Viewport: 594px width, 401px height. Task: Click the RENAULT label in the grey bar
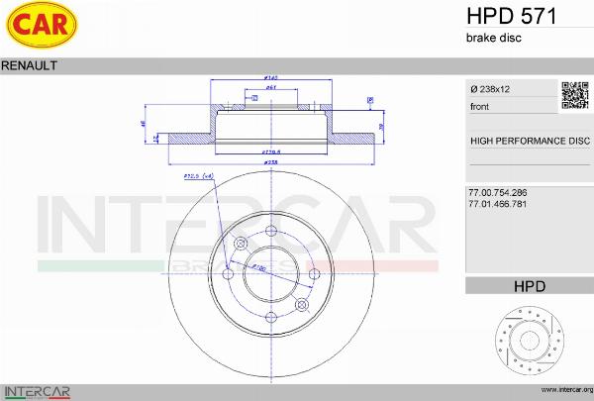click(29, 64)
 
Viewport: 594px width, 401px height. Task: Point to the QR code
click(576, 95)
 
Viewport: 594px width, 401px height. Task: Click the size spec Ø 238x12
click(492, 89)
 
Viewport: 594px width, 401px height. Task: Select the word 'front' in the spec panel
click(479, 106)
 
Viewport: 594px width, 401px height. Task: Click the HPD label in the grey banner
click(530, 286)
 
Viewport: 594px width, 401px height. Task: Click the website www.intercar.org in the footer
click(560, 390)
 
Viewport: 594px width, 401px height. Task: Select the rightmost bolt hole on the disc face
click(315, 274)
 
